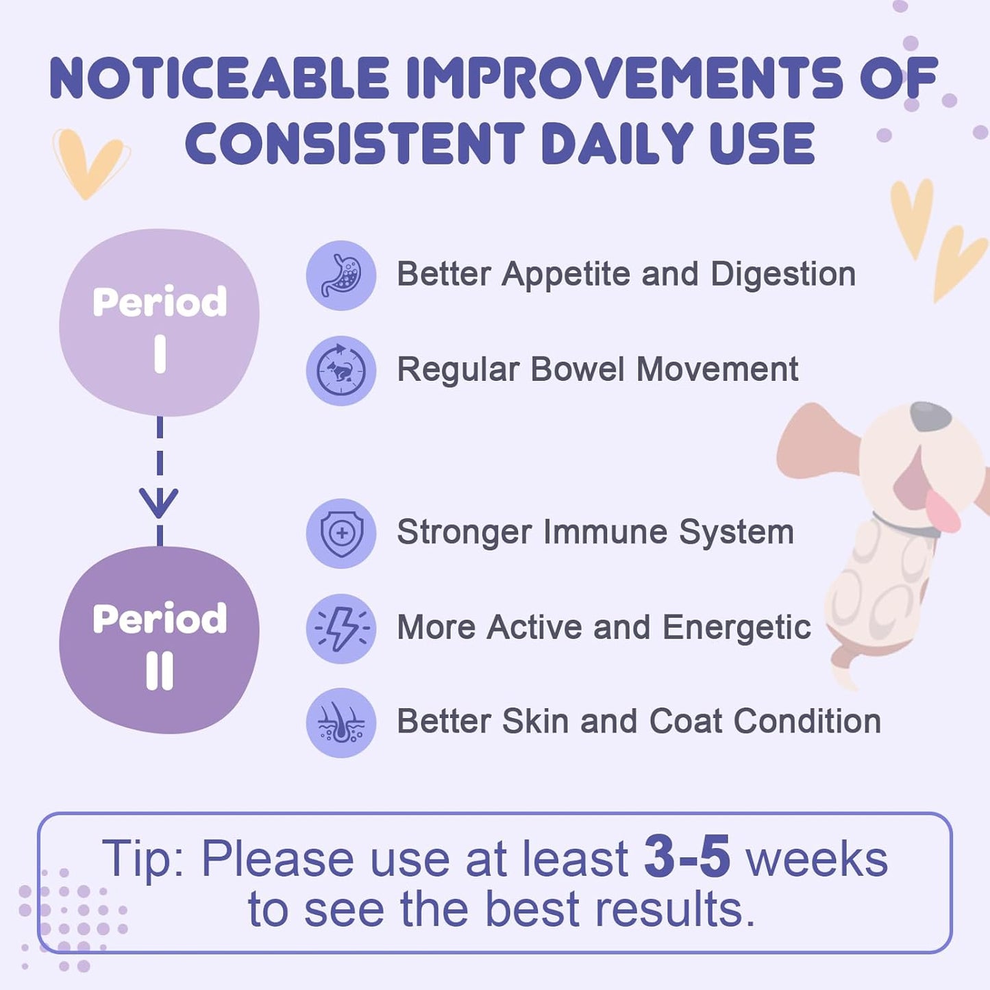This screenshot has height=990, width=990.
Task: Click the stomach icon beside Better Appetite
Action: pyautogui.click(x=341, y=275)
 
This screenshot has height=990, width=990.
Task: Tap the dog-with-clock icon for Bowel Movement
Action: pyautogui.click(x=341, y=370)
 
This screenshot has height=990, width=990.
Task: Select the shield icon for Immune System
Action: pyautogui.click(x=341, y=533)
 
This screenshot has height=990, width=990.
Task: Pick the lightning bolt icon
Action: pyautogui.click(x=341, y=628)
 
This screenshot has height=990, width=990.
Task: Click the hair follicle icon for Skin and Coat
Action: pyautogui.click(x=341, y=723)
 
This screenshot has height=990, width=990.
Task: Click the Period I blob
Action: pyautogui.click(x=159, y=322)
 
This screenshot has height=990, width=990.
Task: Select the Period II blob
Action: pyautogui.click(x=159, y=641)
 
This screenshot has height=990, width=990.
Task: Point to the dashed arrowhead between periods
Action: pyautogui.click(x=159, y=504)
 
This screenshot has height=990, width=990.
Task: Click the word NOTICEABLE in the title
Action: pyautogui.click(x=219, y=79)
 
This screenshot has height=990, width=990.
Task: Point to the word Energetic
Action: pyautogui.click(x=737, y=628)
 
